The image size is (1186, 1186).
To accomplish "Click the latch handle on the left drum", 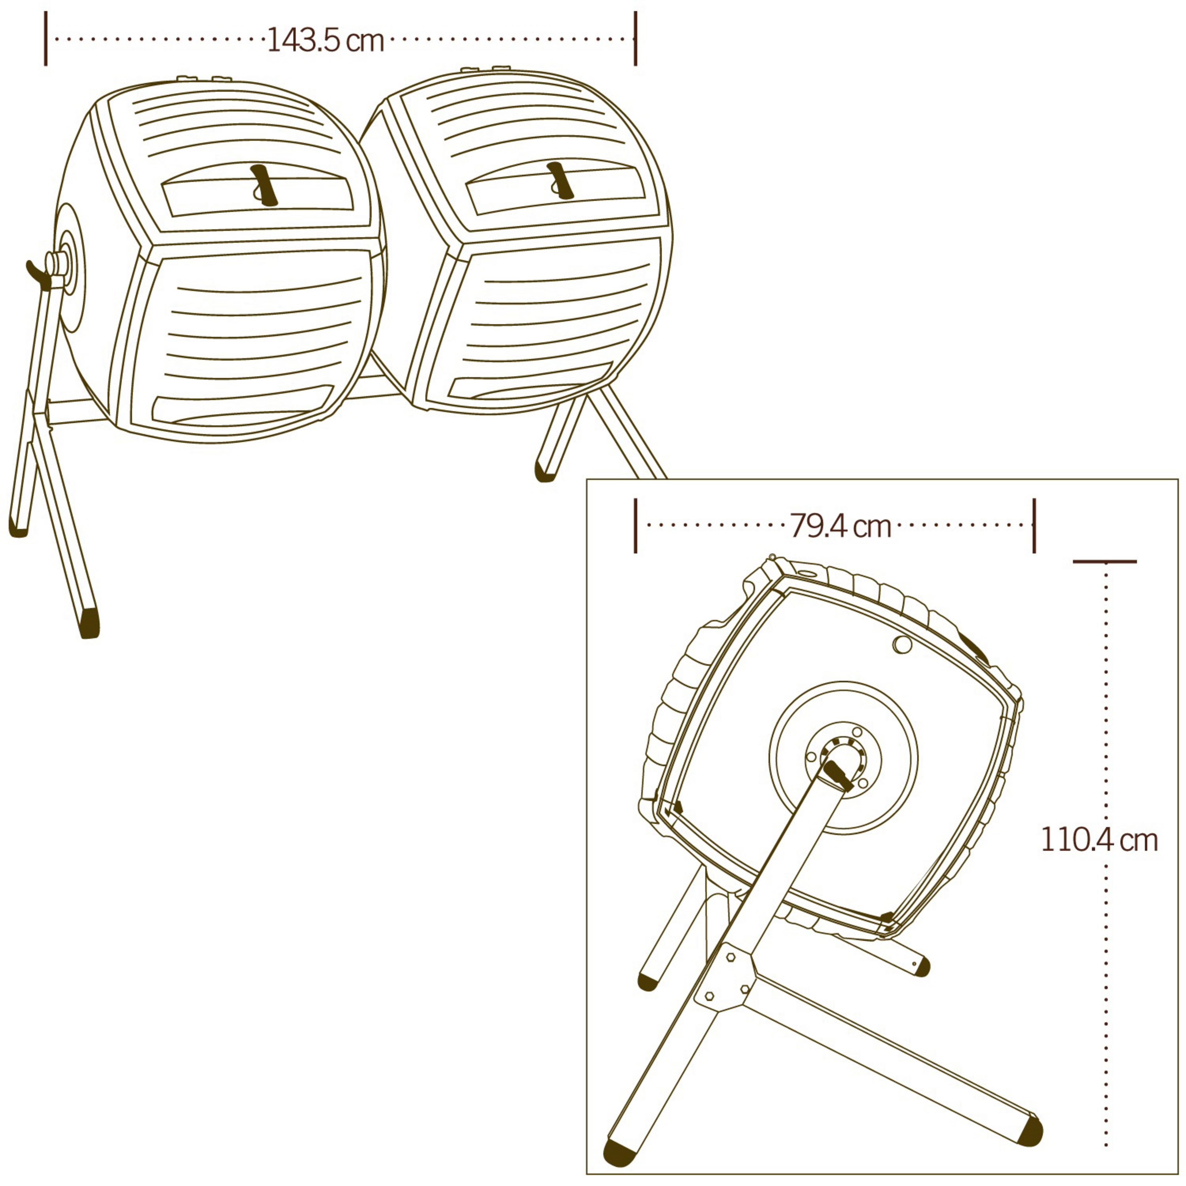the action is click(264, 184).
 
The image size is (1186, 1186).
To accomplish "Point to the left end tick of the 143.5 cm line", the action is click(45, 38).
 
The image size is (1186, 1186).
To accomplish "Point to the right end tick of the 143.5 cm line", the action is click(635, 38).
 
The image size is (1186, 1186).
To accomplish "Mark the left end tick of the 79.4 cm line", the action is click(635, 525).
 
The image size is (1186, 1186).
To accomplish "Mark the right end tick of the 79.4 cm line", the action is click(1034, 525).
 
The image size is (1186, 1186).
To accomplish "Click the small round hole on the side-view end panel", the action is click(902, 645).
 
